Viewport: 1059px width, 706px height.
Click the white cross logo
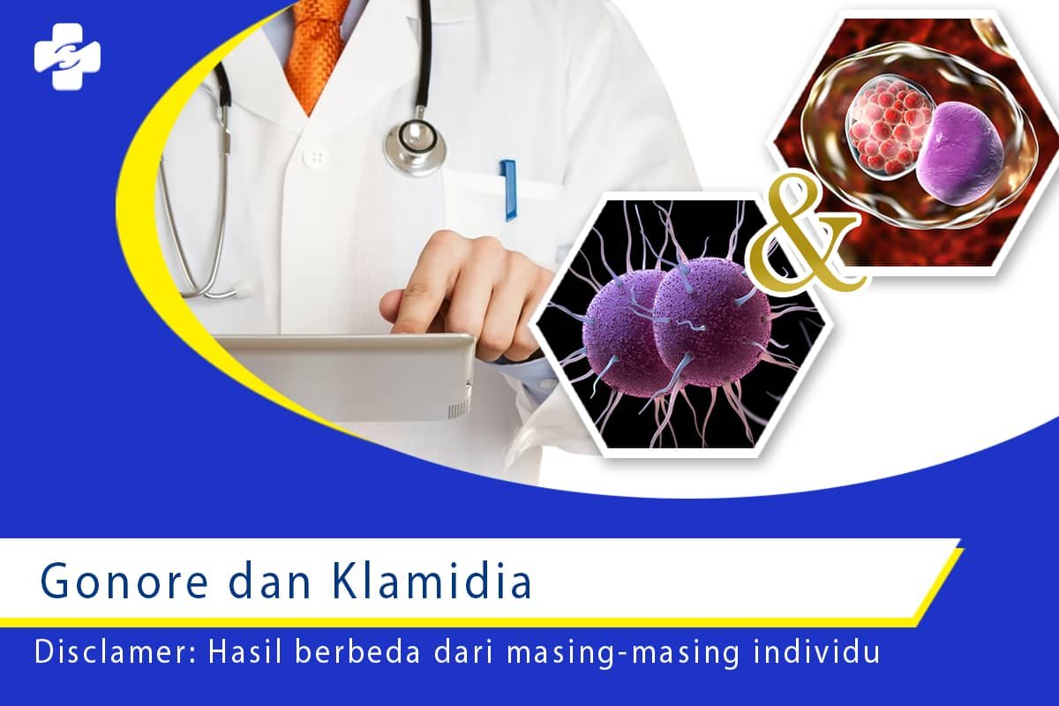pyautogui.click(x=67, y=56)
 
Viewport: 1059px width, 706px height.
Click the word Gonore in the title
pyautogui.click(x=124, y=582)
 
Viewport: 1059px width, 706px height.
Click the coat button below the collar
pyautogui.click(x=313, y=156)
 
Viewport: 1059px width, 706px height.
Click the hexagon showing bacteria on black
pyautogui.click(x=680, y=327)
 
